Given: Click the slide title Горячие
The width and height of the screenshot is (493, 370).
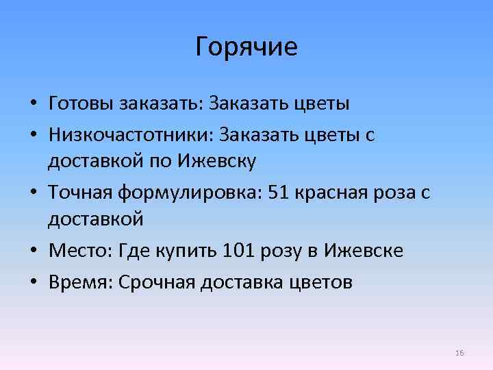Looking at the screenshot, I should pyautogui.click(x=246, y=47).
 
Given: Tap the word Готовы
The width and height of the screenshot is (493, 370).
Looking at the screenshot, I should pyautogui.click(x=81, y=103).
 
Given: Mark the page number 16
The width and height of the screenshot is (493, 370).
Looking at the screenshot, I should pyautogui.click(x=459, y=353).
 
